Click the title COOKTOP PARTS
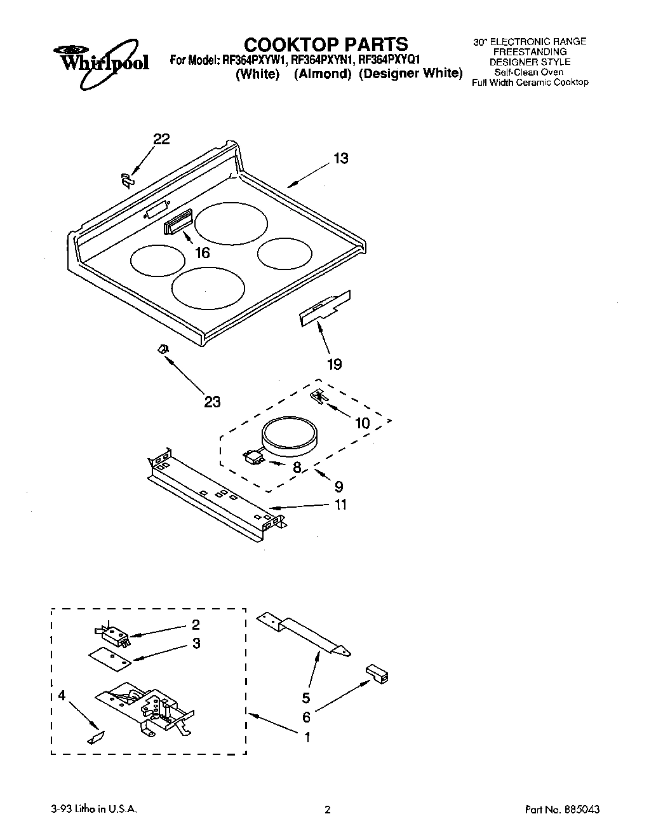point(326,44)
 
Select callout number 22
point(162,139)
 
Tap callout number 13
point(341,158)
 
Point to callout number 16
point(202,253)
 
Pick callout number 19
point(334,364)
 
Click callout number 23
point(212,402)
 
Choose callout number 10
point(362,423)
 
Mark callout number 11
point(341,505)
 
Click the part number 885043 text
point(563,810)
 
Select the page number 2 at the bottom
point(328,810)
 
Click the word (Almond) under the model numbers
point(323,74)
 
